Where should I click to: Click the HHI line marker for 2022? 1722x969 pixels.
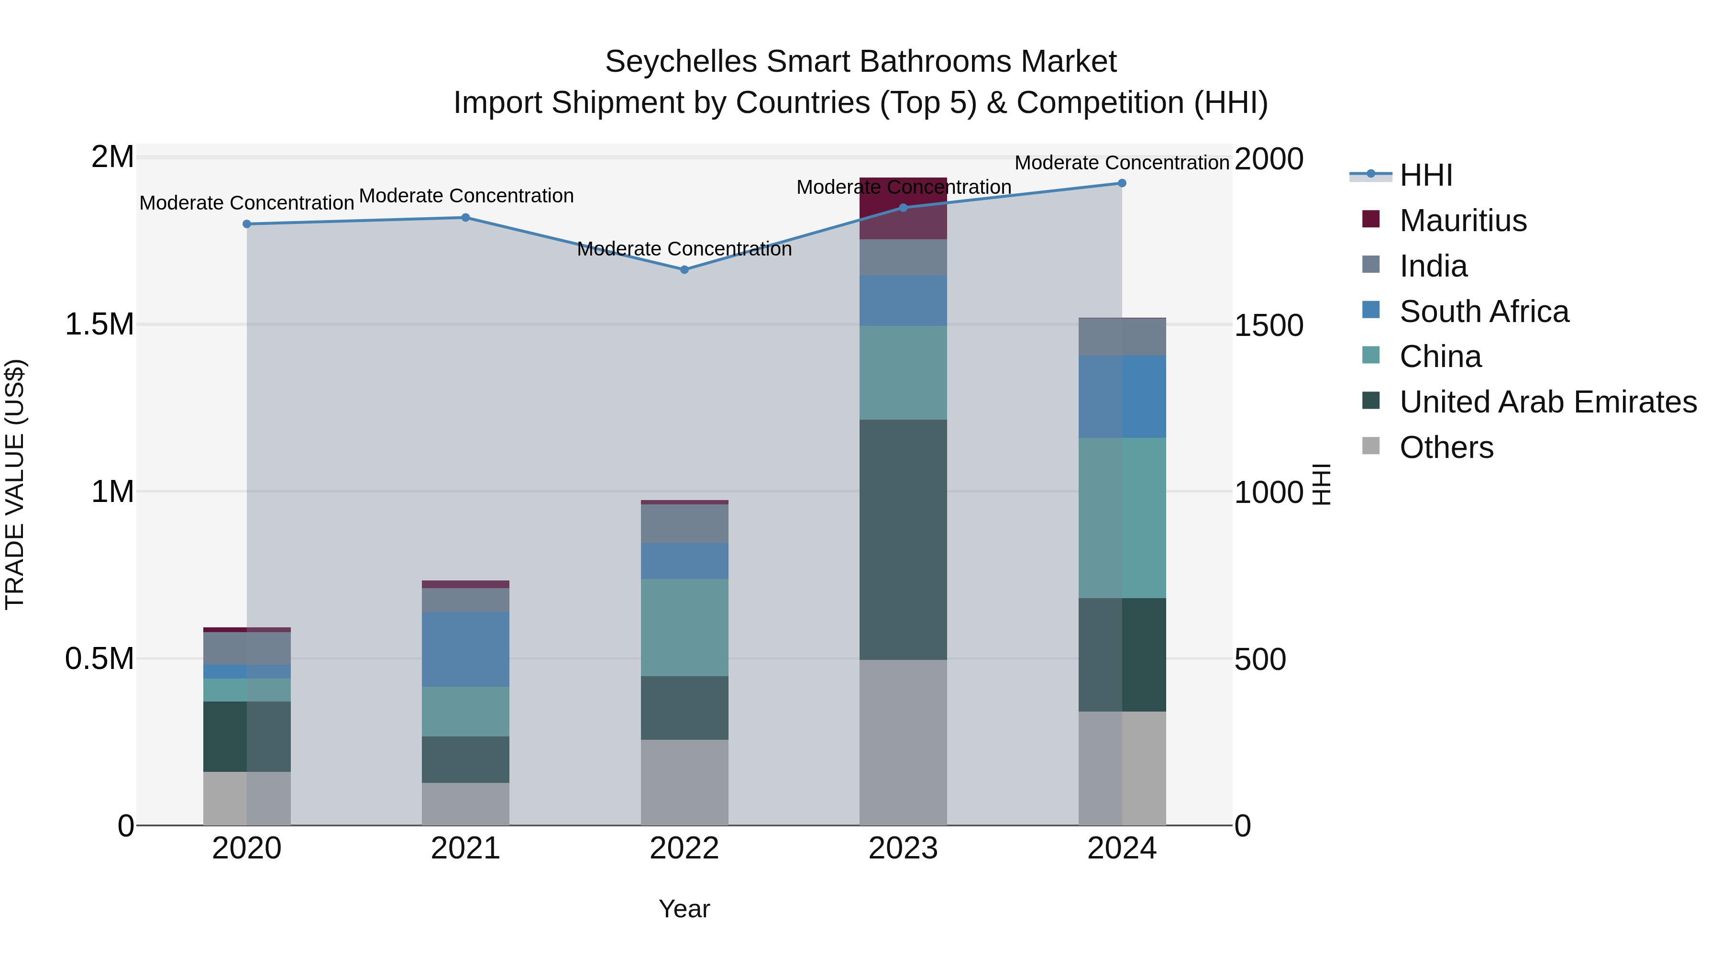[684, 269]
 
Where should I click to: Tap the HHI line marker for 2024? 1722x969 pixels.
[1122, 183]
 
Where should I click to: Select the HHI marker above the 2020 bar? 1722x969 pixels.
[247, 224]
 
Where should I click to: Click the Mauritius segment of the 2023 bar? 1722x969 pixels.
[903, 208]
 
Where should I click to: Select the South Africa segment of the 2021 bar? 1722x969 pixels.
[465, 649]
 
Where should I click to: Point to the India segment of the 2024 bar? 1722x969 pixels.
[1122, 337]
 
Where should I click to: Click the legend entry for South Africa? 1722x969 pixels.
[1483, 312]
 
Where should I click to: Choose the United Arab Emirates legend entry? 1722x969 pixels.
[1547, 402]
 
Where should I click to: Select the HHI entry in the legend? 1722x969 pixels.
[1426, 175]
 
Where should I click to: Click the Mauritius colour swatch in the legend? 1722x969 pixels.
[1370, 219]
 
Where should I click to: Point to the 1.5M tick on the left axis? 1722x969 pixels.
[99, 325]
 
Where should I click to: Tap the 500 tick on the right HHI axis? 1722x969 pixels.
[1260, 659]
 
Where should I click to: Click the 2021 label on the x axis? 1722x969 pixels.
[465, 848]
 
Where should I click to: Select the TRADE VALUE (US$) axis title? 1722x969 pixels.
[15, 484]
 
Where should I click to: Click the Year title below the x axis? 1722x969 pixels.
[684, 909]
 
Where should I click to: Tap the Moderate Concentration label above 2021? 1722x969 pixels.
[466, 196]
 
